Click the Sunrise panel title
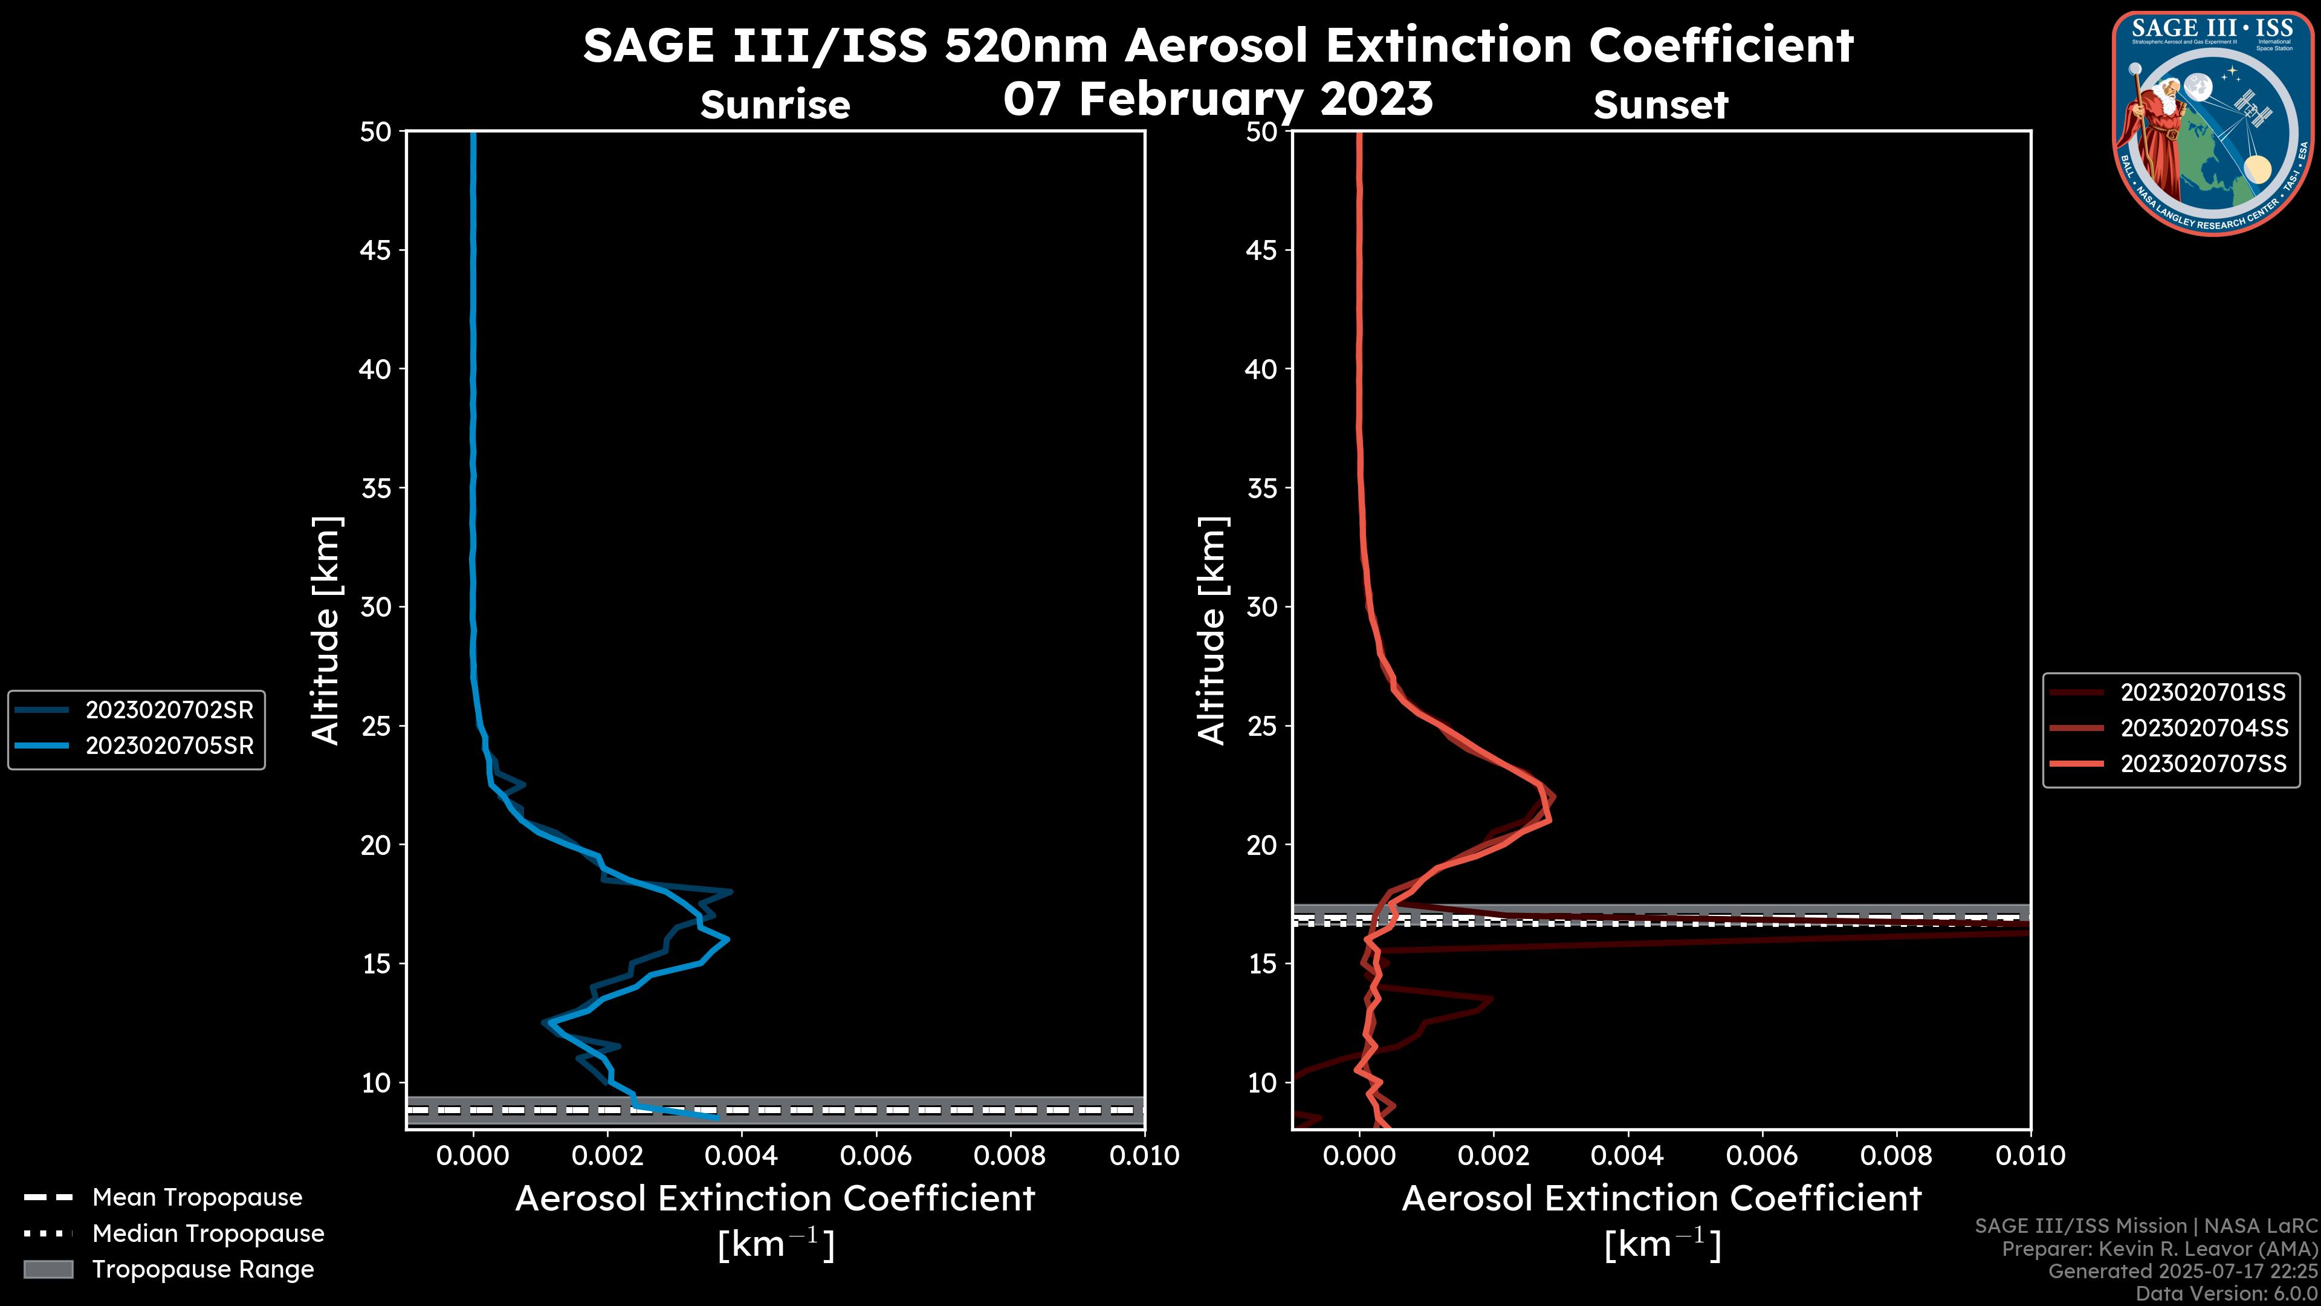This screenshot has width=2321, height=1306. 775,105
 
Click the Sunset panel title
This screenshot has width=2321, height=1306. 1660,105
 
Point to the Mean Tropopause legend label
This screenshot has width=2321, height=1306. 197,1197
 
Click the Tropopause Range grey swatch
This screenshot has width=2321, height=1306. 48,1269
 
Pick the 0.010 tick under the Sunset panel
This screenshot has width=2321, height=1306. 2030,1155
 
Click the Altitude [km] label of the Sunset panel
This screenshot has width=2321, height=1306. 1212,630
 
